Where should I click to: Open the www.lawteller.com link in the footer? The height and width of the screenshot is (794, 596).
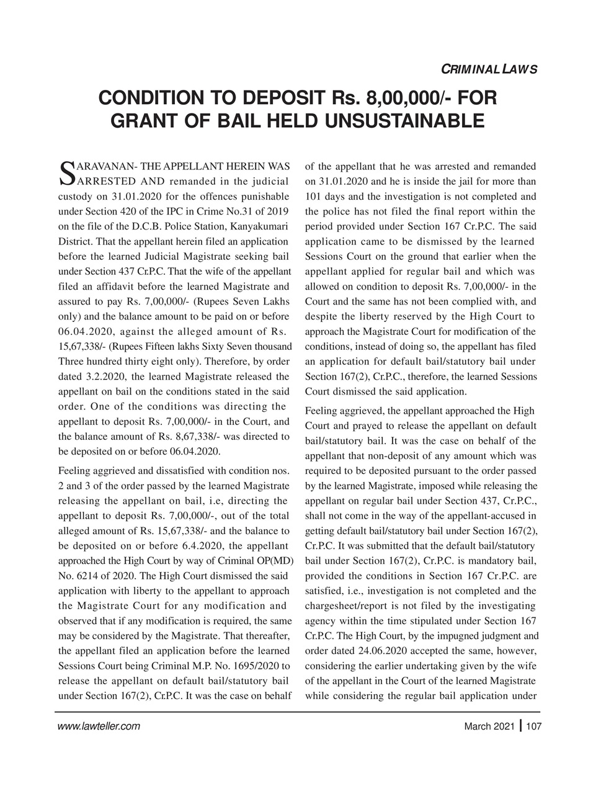pos(99,726)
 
